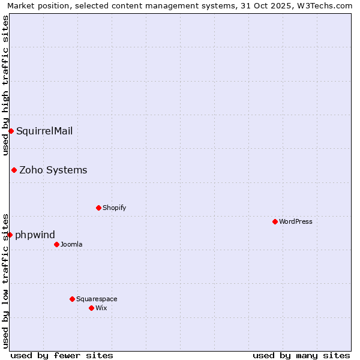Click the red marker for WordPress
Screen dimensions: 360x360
275,221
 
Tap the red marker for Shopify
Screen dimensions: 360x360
98,208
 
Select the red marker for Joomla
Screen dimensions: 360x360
56,244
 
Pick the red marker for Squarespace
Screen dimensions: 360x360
72,299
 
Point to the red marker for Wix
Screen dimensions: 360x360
91,308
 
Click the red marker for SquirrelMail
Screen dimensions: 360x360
11,131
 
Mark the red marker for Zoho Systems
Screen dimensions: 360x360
14,170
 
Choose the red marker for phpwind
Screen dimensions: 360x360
10,235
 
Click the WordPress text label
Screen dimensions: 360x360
296,221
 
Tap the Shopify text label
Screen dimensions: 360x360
114,208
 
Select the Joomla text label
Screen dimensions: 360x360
71,244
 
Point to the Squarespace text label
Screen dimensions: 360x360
97,299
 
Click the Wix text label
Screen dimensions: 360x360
101,308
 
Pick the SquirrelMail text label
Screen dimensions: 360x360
44,131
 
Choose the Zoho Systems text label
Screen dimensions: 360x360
53,170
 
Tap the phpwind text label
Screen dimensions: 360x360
35,235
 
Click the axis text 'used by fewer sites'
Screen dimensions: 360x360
62,355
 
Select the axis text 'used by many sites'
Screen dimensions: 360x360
301,355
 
